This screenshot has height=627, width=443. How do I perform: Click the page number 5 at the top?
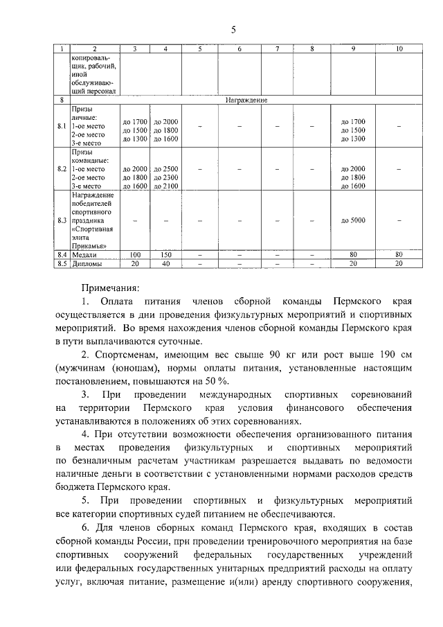click(x=233, y=29)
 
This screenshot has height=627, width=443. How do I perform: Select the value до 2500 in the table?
click(x=165, y=168)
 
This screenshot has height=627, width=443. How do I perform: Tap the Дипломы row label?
click(x=87, y=263)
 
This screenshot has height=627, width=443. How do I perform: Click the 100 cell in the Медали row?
click(x=135, y=254)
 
